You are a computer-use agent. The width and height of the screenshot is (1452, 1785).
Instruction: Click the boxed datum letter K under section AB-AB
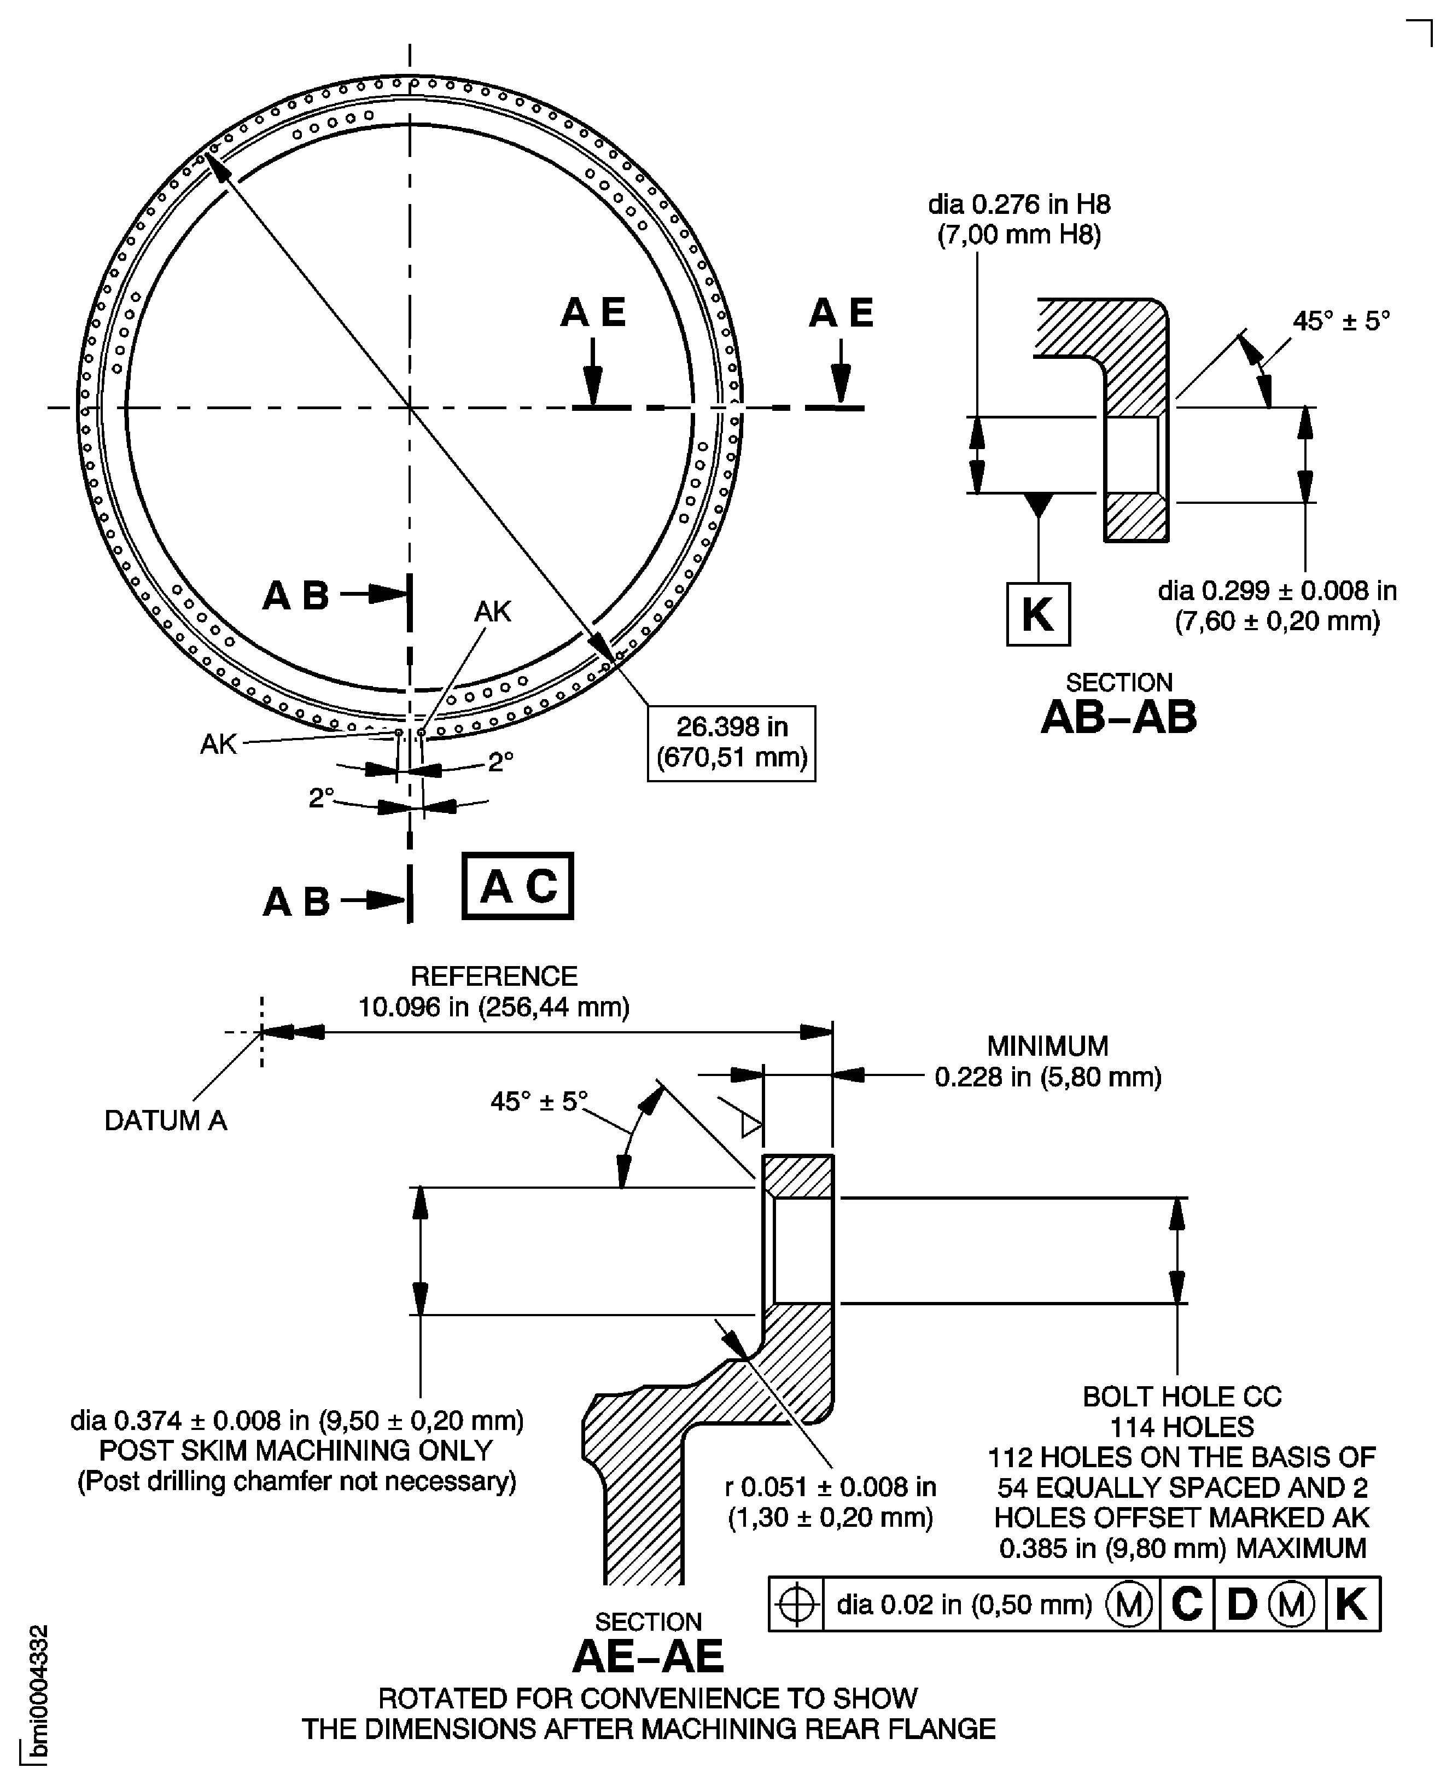[x=1037, y=614]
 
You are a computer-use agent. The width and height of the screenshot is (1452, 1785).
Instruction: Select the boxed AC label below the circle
[x=518, y=886]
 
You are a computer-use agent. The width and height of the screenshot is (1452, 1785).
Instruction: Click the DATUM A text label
[x=166, y=1120]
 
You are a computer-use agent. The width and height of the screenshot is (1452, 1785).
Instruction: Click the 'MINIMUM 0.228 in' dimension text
[x=1047, y=1061]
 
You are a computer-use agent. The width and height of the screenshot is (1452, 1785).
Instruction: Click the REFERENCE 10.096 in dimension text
[x=493, y=991]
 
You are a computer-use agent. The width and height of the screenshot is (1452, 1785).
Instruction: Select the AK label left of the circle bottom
[x=218, y=743]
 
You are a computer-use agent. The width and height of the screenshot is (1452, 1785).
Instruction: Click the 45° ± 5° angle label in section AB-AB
[x=1341, y=321]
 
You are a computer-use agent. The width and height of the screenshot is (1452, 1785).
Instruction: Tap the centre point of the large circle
[x=410, y=408]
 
